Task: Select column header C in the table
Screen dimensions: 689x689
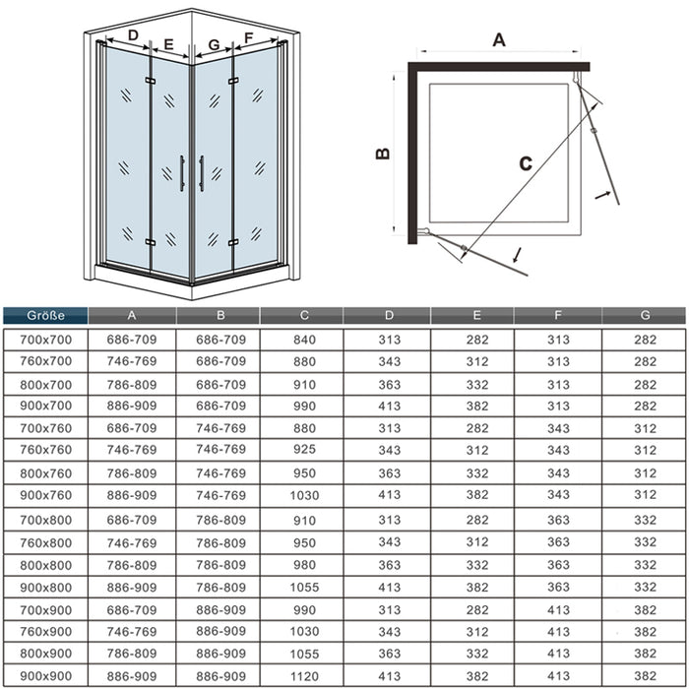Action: [305, 316]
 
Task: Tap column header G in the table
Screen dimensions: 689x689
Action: [645, 316]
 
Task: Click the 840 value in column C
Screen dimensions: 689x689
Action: [305, 339]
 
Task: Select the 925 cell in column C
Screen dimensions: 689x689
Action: [305, 450]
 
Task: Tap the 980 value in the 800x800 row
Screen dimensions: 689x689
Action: [305, 565]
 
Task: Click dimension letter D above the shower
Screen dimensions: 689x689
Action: [133, 36]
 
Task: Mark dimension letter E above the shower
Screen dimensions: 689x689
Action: [168, 44]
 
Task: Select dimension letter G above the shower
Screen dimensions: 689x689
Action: [213, 44]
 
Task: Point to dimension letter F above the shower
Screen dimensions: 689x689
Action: [248, 37]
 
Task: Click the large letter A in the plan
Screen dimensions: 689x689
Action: [498, 39]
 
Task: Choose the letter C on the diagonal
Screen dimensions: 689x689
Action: [525, 163]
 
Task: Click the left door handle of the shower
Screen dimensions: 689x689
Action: [182, 172]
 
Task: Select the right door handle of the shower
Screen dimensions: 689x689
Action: [201, 172]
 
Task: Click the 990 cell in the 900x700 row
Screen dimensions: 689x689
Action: [305, 406]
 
